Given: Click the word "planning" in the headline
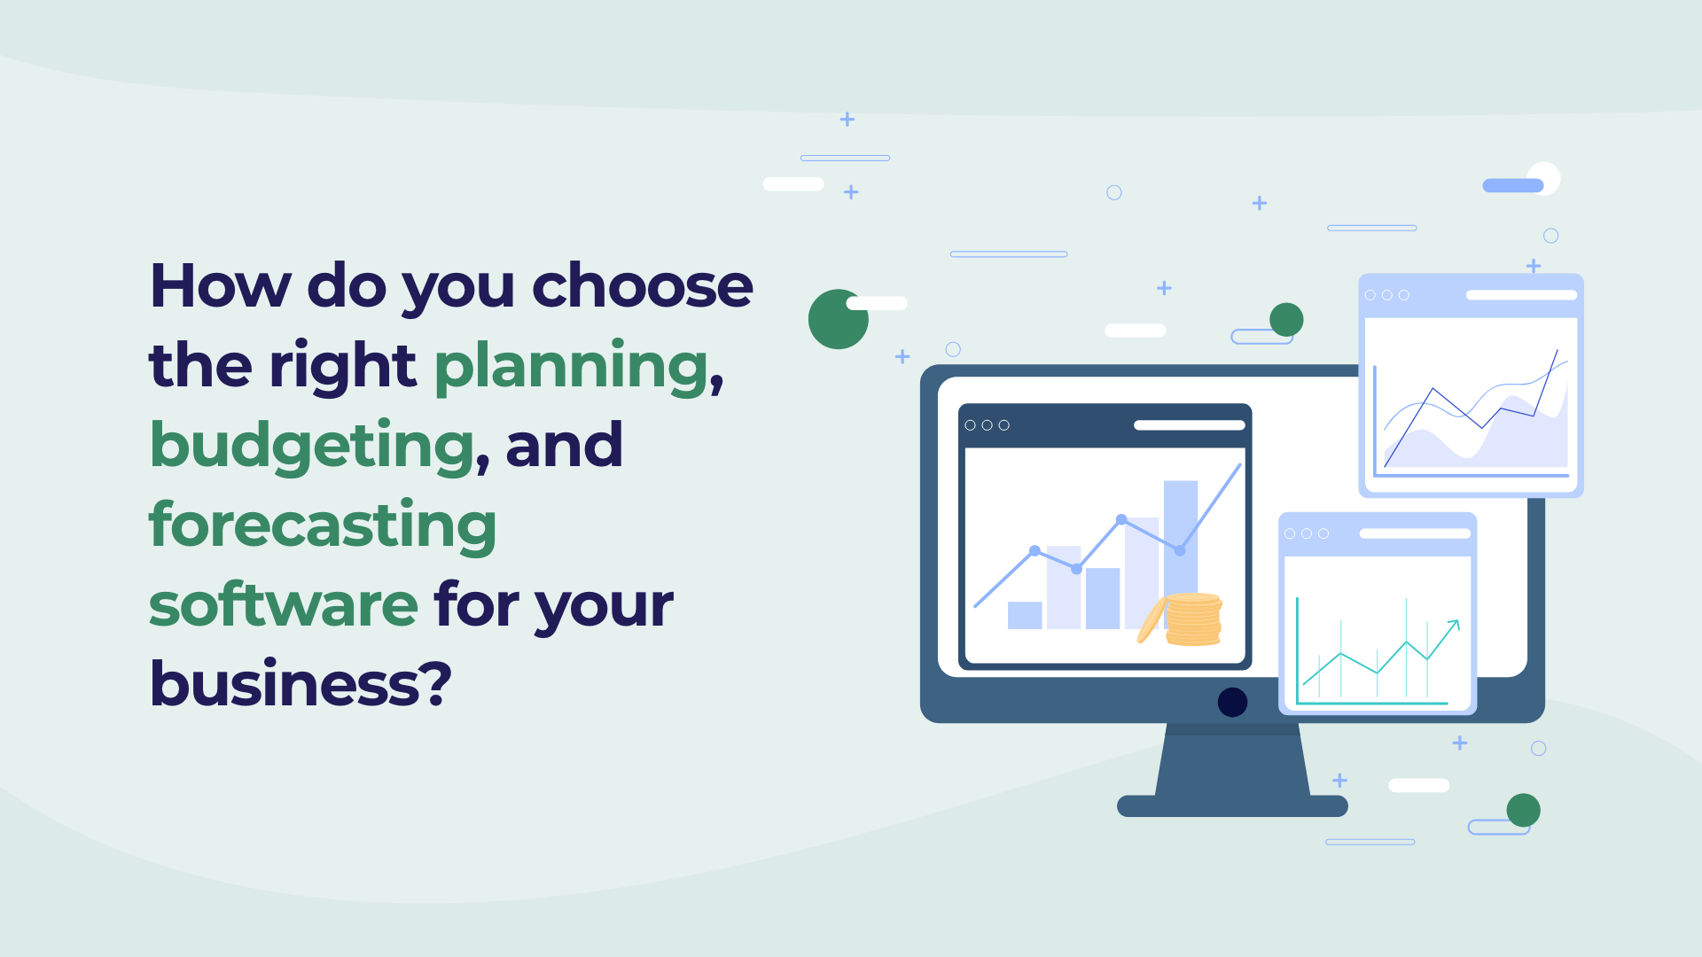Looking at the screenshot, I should [x=573, y=367].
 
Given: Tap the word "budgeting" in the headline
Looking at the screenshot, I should [x=312, y=446].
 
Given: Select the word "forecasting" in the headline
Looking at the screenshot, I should [x=322, y=525].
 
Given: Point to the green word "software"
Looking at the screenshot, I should [x=284, y=605].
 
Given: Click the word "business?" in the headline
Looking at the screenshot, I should [x=301, y=685].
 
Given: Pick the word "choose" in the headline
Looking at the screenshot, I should [x=642, y=286].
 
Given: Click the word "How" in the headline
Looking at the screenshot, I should [x=220, y=286].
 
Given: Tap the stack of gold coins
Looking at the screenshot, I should [x=1193, y=619].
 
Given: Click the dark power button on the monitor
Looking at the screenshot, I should [x=1232, y=702].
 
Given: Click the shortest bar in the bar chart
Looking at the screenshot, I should [x=1025, y=615].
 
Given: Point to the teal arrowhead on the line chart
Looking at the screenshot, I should [x=1454, y=625].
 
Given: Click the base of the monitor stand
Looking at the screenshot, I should [x=1232, y=805].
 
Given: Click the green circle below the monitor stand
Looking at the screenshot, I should [x=1523, y=810].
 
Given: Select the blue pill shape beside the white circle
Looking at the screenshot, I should [x=1512, y=185].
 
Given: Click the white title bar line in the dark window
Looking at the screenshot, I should [x=1189, y=425].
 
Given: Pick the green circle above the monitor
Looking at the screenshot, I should [x=1286, y=319].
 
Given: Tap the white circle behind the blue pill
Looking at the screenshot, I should [x=1547, y=175].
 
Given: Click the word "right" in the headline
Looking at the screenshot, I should [x=342, y=367].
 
